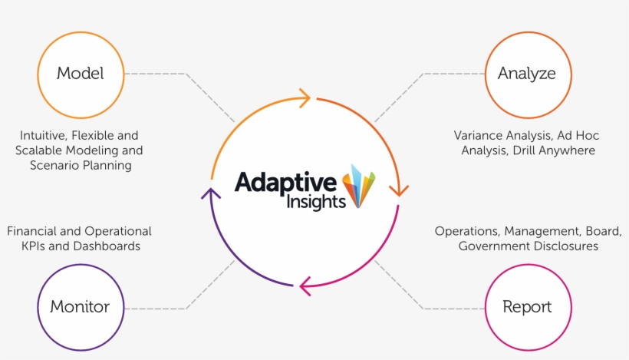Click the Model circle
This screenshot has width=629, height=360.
[x=80, y=74]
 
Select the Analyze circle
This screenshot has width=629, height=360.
[x=526, y=74]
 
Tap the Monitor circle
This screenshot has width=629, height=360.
[x=80, y=307]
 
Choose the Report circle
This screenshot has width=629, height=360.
[x=526, y=307]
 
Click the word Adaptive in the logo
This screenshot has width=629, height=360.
[x=285, y=183]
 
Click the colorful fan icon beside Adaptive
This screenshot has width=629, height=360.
[x=360, y=185]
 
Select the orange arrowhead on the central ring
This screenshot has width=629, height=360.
[x=398, y=189]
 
